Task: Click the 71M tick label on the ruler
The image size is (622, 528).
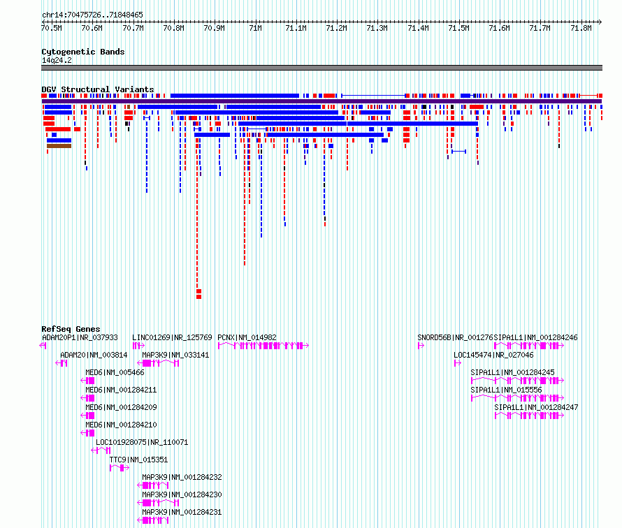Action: [x=256, y=28]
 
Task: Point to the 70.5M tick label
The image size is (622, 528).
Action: [x=52, y=28]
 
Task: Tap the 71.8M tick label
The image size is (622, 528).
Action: [x=581, y=28]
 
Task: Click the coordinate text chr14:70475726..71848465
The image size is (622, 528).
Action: [x=92, y=15]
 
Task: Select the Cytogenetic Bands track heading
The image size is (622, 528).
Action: [x=83, y=52]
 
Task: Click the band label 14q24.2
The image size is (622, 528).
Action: [x=57, y=60]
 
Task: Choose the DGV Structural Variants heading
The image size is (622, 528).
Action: [x=98, y=89]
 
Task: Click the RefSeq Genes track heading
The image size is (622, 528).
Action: [x=71, y=329]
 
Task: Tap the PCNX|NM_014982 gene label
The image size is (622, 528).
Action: [x=247, y=338]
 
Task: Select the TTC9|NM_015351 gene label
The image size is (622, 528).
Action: [x=138, y=460]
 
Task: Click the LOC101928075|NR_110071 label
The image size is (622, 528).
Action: [x=142, y=442]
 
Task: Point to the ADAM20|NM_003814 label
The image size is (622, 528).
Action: [x=94, y=355]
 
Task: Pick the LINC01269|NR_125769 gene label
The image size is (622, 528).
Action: [x=172, y=338]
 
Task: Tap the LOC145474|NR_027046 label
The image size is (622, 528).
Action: [x=493, y=355]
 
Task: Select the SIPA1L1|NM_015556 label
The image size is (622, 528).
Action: [x=506, y=390]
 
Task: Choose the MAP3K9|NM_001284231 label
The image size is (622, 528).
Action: [x=182, y=512]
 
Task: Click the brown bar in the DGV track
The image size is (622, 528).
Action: [x=59, y=146]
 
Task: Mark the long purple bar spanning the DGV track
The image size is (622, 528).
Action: [x=321, y=101]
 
